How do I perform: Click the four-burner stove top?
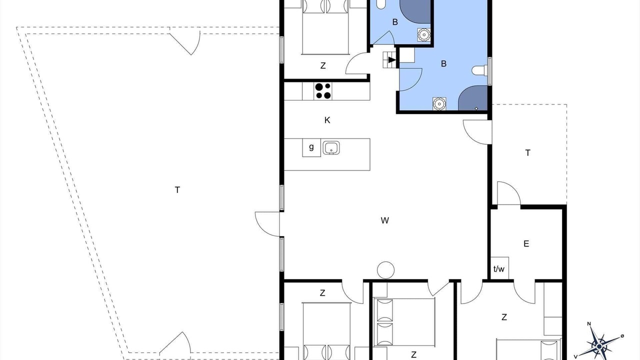[323, 90]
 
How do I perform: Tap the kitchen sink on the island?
[331, 147]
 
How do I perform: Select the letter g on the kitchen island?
[311, 147]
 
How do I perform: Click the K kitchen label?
[327, 120]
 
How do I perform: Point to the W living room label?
[385, 220]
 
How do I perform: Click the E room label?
[526, 243]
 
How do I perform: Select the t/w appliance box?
[499, 268]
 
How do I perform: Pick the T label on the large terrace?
[177, 189]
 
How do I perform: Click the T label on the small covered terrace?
[527, 153]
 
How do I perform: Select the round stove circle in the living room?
[385, 270]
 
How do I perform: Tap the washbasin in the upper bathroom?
[424, 35]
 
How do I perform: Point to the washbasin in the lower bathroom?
[439, 103]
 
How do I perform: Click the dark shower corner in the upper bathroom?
[415, 11]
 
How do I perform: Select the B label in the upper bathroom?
[395, 22]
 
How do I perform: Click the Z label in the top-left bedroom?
[323, 65]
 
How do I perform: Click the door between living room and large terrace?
[267, 224]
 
